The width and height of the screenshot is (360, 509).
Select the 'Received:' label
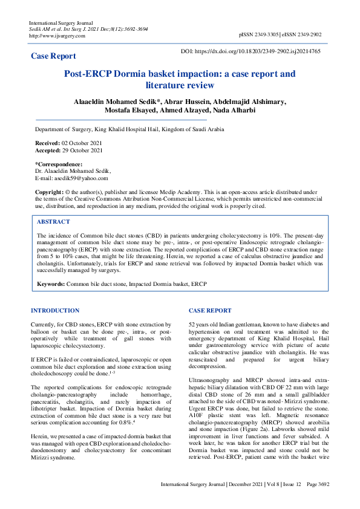click(x=48, y=143)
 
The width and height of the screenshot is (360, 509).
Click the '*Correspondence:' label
click(x=59, y=164)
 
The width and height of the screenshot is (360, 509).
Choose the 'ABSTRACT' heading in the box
click(x=53, y=222)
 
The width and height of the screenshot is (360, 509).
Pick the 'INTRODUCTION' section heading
click(x=55, y=311)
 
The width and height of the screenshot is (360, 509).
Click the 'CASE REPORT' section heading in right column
click(x=210, y=311)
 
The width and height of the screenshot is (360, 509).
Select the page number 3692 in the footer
click(x=322, y=501)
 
